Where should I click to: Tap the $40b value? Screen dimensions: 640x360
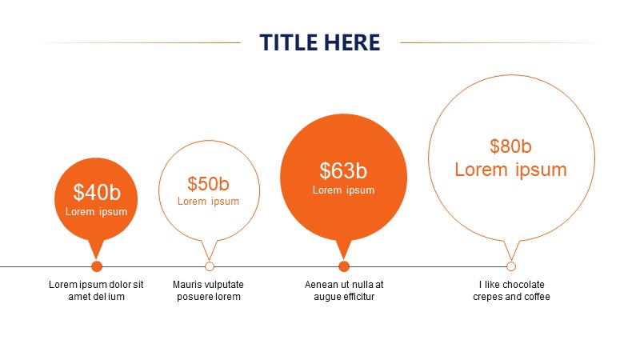(x=97, y=192)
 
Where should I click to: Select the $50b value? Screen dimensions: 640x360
(x=209, y=184)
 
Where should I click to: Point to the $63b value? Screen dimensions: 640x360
(x=343, y=170)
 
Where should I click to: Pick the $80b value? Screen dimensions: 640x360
(x=510, y=146)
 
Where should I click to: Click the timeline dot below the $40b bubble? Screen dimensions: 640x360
(x=97, y=266)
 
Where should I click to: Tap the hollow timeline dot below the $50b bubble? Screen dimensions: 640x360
(x=210, y=266)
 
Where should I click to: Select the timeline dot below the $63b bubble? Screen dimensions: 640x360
(x=344, y=266)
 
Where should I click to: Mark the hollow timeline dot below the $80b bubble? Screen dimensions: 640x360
(x=511, y=266)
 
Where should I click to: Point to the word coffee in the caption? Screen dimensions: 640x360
(x=537, y=297)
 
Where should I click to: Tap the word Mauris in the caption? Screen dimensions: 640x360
(x=186, y=285)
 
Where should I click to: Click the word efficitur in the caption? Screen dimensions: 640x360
(x=357, y=297)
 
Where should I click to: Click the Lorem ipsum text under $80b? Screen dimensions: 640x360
(x=510, y=170)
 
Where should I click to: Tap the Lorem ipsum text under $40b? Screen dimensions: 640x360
(x=96, y=212)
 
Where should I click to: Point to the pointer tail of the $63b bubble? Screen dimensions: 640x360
(x=344, y=250)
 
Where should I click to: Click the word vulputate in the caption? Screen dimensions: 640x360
(x=223, y=285)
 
